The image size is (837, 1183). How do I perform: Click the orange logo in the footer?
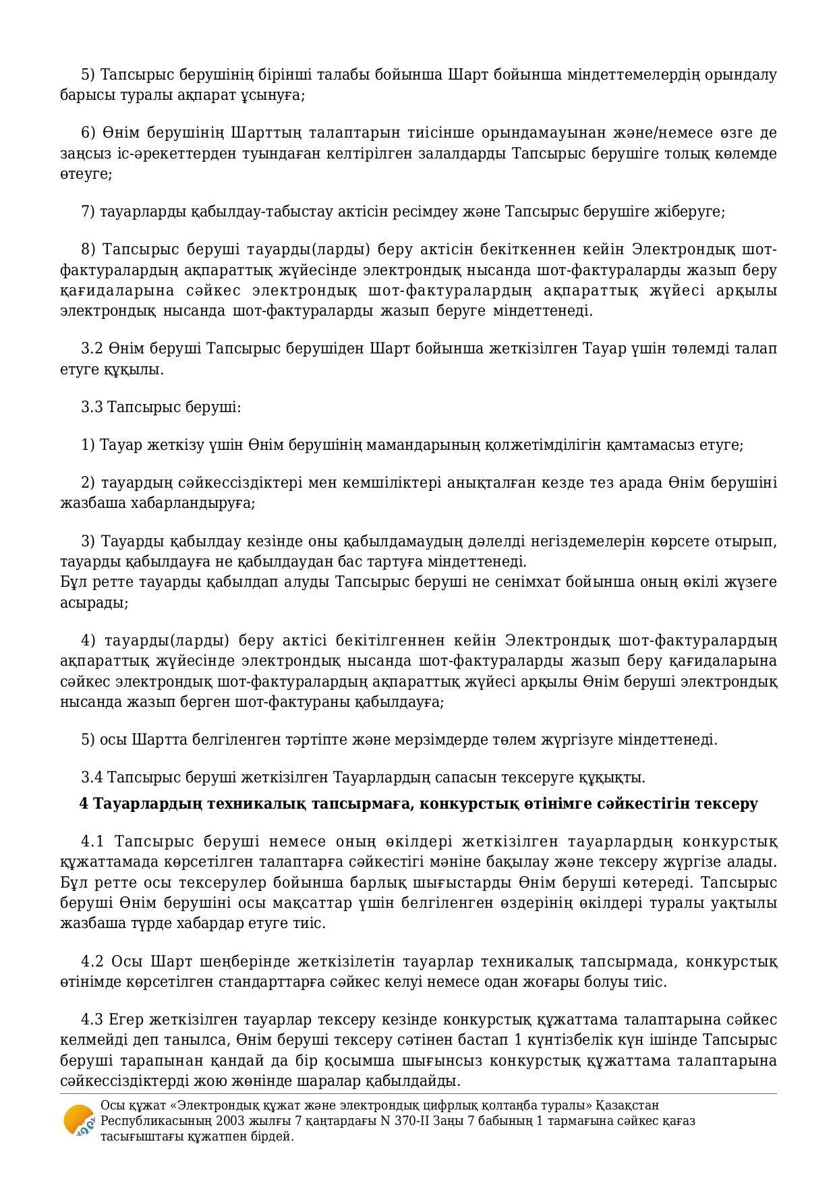(x=78, y=1120)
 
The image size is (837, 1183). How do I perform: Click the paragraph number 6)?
(x=89, y=132)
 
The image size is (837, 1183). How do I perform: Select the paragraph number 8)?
(x=89, y=250)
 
